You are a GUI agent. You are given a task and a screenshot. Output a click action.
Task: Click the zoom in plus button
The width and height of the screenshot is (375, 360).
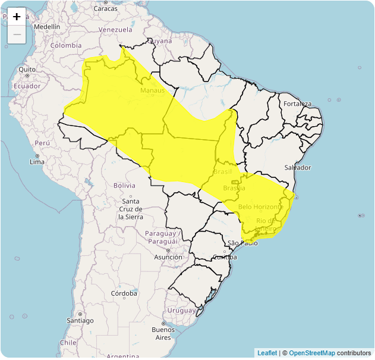click(17, 17)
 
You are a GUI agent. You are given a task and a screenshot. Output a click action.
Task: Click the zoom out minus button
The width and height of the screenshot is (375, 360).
click(17, 35)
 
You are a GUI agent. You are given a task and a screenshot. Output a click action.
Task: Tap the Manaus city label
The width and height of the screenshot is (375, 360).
click(152, 90)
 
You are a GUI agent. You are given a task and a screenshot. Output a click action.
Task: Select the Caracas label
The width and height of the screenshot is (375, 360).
click(105, 8)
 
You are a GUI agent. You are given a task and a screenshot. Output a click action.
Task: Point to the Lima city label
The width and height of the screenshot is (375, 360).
click(37, 162)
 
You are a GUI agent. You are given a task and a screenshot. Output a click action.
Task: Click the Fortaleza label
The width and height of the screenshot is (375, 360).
click(297, 104)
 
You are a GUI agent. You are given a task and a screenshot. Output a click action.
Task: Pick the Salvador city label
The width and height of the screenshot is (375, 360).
click(298, 168)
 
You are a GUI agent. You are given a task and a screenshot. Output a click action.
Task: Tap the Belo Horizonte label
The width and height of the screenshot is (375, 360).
click(260, 206)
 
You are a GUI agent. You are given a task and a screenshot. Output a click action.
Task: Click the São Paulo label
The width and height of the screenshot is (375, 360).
click(242, 243)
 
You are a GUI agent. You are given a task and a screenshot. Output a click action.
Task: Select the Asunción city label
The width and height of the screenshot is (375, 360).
click(168, 257)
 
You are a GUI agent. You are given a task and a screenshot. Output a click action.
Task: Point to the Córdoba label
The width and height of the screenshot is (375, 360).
click(124, 293)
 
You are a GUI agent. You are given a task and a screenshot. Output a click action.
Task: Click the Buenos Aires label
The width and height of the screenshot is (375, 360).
click(163, 333)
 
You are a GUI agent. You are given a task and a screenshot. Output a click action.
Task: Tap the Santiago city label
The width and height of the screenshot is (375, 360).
click(80, 321)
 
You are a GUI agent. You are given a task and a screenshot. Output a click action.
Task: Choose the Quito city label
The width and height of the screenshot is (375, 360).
click(27, 70)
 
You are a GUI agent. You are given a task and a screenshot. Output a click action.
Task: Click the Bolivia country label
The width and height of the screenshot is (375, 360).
click(124, 186)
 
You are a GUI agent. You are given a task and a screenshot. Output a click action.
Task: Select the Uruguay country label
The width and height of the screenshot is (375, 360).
click(181, 311)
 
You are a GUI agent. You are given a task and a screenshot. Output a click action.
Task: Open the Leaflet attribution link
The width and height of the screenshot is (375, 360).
click(267, 353)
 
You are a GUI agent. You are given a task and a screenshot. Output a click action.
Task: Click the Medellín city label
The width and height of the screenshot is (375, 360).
click(47, 27)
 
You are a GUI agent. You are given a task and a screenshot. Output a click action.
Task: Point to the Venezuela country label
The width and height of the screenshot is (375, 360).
click(115, 30)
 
